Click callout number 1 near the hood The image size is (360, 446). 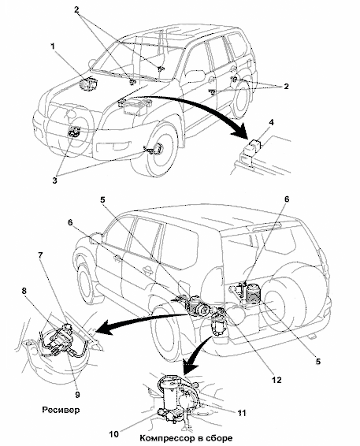(53, 46)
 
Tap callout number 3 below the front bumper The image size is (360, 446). (55, 180)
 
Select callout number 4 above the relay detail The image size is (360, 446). (271, 123)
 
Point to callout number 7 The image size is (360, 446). (40, 255)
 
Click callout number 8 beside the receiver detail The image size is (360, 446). (24, 291)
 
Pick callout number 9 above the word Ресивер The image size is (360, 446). (77, 395)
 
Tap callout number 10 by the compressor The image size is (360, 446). (113, 434)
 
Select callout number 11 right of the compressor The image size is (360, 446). (242, 412)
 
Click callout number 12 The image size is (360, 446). (276, 380)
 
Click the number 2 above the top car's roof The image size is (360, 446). (76, 9)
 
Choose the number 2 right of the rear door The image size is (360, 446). (285, 86)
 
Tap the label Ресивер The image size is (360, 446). (61, 410)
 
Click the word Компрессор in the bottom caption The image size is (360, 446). (164, 438)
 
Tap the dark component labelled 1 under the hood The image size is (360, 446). (89, 84)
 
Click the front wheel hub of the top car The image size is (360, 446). (157, 149)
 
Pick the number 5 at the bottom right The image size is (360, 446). (318, 361)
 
